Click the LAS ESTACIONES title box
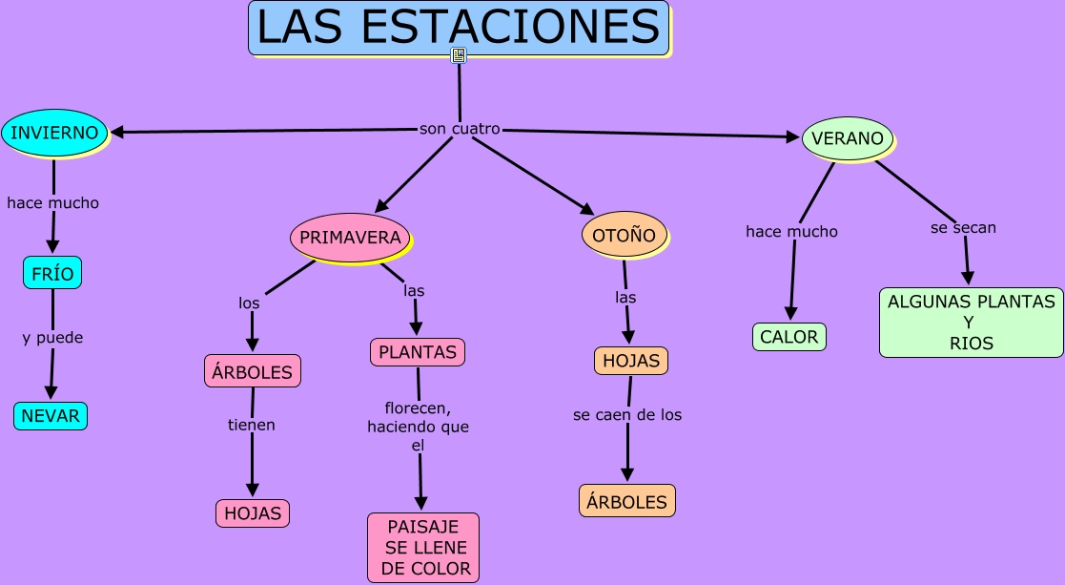tap(459, 28)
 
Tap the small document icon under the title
tap(459, 55)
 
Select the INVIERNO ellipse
tap(54, 133)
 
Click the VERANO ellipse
tap(848, 138)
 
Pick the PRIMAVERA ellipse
tap(350, 238)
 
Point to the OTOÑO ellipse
tap(624, 235)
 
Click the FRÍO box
tap(52, 273)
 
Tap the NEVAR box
tap(51, 416)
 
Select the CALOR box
tap(789, 337)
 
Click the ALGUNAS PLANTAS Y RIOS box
tap(971, 323)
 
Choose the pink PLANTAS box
tap(418, 352)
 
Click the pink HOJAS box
tap(253, 513)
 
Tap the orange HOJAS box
tap(630, 361)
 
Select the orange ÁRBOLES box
tap(626, 501)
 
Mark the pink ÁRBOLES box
tap(253, 371)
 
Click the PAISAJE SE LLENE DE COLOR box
tap(423, 548)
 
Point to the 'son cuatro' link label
tap(460, 129)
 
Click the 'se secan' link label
tap(963, 227)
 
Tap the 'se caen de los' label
tap(627, 415)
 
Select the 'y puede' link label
tap(52, 338)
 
